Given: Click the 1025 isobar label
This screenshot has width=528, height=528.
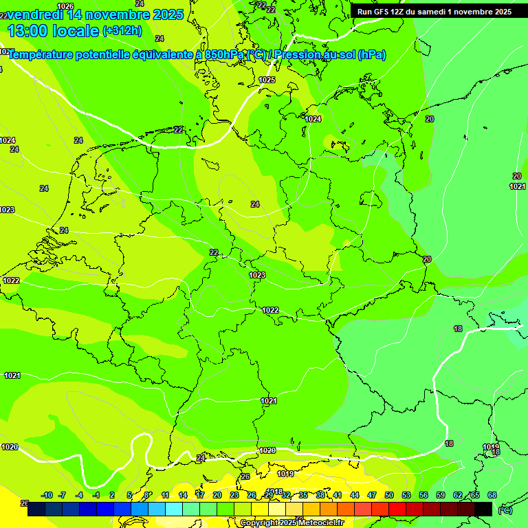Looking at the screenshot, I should pyautogui.click(x=267, y=80).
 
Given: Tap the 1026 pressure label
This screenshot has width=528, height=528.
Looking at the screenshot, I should pyautogui.click(x=65, y=6).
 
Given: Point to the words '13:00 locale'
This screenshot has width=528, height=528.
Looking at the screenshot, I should pyautogui.click(x=53, y=30).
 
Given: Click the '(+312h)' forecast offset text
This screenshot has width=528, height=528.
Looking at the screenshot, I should pyautogui.click(x=122, y=31).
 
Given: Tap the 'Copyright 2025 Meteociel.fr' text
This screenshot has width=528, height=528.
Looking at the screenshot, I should pyautogui.click(x=291, y=523).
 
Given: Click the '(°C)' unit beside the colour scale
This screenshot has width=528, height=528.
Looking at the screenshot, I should pyautogui.click(x=505, y=510).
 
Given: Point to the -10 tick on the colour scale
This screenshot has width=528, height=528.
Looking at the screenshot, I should pyautogui.click(x=47, y=495).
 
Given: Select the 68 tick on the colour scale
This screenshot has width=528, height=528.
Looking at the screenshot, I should pyautogui.click(x=492, y=495).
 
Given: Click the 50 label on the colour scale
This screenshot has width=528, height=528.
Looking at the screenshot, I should pyautogui.click(x=389, y=495).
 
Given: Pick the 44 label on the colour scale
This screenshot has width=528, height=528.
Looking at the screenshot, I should pyautogui.click(x=355, y=495).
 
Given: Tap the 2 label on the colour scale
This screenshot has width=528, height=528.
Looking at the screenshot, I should pyautogui.click(x=111, y=495).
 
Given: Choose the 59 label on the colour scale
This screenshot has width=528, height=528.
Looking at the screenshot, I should pyautogui.click(x=441, y=495).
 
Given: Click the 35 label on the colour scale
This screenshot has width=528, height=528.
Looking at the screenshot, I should pyautogui.click(x=303, y=495).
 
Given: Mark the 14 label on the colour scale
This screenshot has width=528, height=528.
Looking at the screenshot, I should pyautogui.click(x=183, y=495).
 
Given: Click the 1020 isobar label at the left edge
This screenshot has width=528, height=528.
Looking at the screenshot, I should pyautogui.click(x=10, y=447).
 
